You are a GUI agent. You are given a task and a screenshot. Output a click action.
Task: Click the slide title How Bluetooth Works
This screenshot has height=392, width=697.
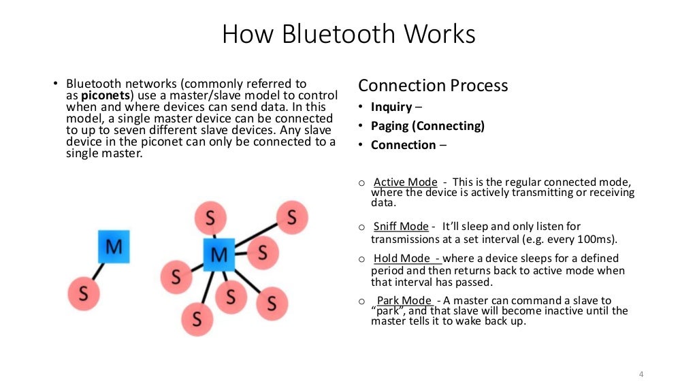click(348, 35)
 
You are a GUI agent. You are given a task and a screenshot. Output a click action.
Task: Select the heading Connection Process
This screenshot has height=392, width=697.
click(433, 86)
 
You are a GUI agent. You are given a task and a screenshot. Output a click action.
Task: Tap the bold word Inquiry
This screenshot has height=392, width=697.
click(391, 107)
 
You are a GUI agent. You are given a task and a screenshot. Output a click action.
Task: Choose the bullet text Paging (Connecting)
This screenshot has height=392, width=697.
click(427, 126)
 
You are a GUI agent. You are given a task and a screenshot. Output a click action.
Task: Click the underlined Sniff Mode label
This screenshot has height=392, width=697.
click(401, 227)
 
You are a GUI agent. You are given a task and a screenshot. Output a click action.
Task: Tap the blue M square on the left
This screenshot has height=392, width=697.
click(114, 246)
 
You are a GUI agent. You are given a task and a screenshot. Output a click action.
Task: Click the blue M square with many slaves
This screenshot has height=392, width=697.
click(218, 255)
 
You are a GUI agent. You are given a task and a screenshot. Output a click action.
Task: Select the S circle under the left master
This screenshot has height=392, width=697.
click(84, 294)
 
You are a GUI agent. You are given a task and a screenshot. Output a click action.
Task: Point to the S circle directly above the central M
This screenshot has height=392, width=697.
click(210, 218)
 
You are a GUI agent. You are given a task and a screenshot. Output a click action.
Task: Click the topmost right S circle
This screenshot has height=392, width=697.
click(291, 218)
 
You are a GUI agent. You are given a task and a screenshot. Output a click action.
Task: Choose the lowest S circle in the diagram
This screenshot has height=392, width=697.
click(197, 318)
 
